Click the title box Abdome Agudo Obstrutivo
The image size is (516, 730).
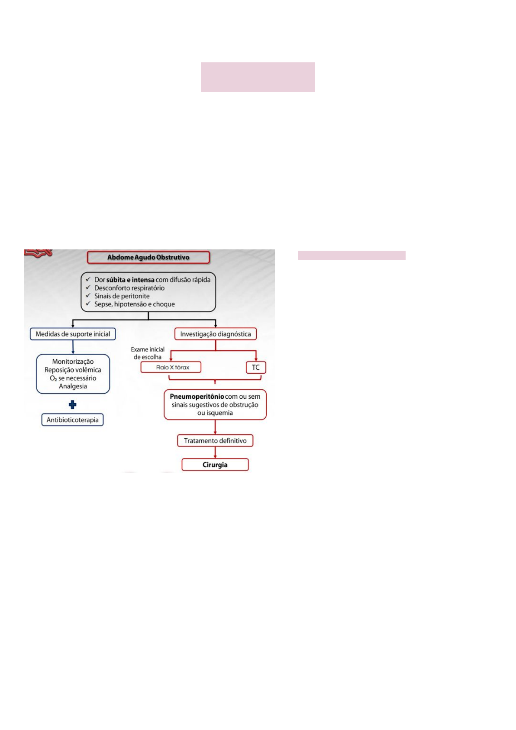tap(148, 258)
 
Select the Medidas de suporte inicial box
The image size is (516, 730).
tap(73, 334)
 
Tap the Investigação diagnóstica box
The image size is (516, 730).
tap(215, 334)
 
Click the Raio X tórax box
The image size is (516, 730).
tap(171, 367)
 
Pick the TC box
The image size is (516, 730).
tap(256, 367)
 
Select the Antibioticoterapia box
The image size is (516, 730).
tap(72, 420)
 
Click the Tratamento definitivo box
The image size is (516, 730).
tap(215, 441)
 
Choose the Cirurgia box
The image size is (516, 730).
tap(215, 465)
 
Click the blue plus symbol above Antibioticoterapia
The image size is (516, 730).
tap(72, 404)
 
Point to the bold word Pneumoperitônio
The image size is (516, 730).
tap(197, 397)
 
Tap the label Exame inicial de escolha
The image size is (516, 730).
tap(148, 353)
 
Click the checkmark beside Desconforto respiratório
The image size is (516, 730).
tap(87, 287)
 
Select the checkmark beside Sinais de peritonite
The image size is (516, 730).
tap(87, 296)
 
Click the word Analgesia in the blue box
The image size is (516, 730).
tap(73, 386)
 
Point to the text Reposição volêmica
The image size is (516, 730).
tap(73, 370)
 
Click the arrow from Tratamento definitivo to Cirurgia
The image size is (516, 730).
tap(215, 452)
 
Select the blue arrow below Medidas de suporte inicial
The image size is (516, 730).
tap(73, 347)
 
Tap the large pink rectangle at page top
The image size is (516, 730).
tap(258, 77)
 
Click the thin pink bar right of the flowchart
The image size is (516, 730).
tap(352, 255)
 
